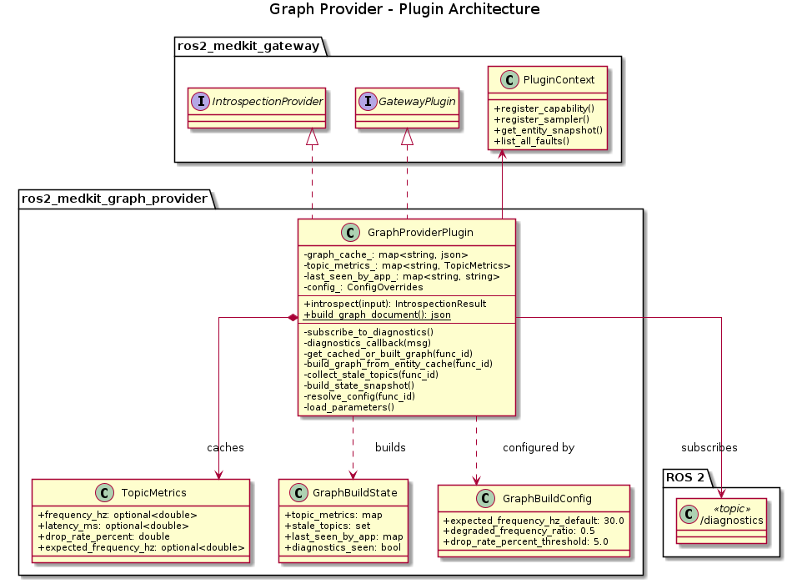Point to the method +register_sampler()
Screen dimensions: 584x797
[x=534, y=120]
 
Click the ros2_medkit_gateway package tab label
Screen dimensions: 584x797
[x=248, y=46]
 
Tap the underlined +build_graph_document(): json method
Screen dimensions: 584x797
[x=378, y=315]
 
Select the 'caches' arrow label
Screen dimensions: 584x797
[x=225, y=448]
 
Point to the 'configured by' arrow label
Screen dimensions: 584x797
[x=539, y=448]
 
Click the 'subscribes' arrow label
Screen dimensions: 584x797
[x=709, y=448]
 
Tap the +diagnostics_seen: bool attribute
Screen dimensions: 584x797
[x=338, y=547]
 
